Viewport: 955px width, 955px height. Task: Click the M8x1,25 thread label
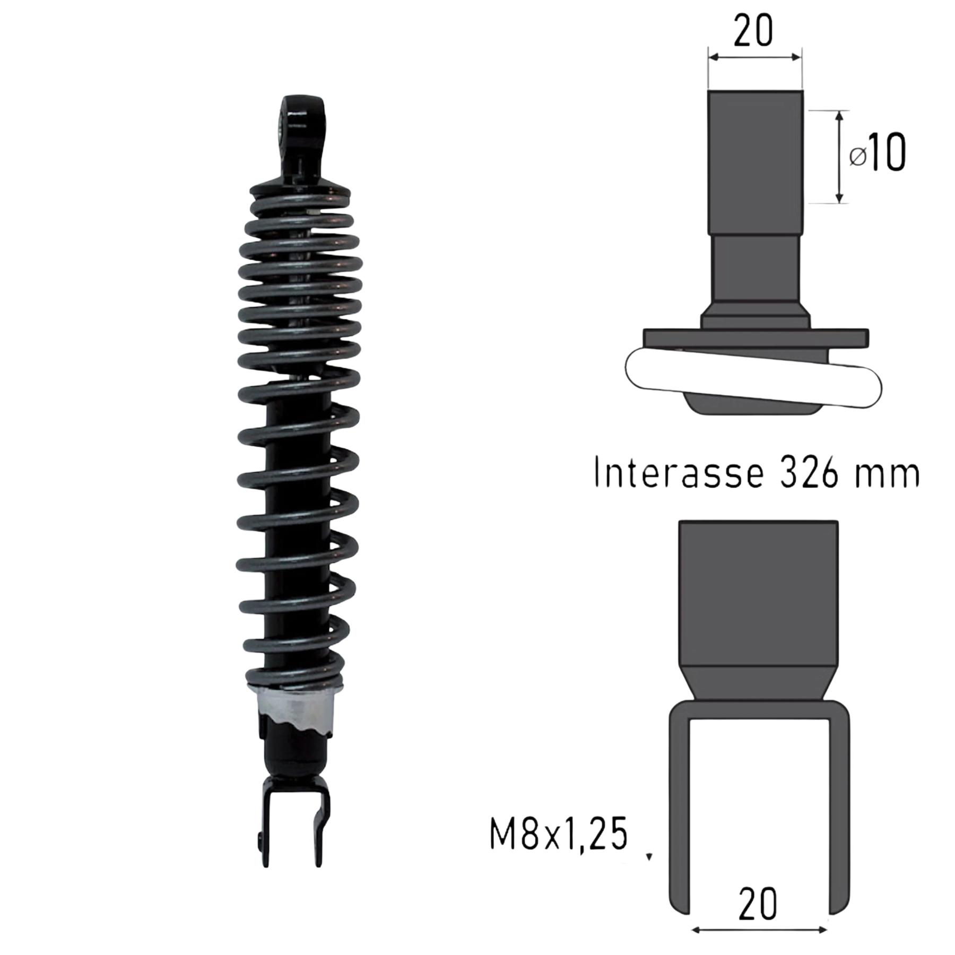pyautogui.click(x=559, y=847)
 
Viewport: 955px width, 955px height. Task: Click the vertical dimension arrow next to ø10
pyautogui.click(x=839, y=157)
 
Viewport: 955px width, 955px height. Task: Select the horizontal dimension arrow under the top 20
pyautogui.click(x=754, y=57)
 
